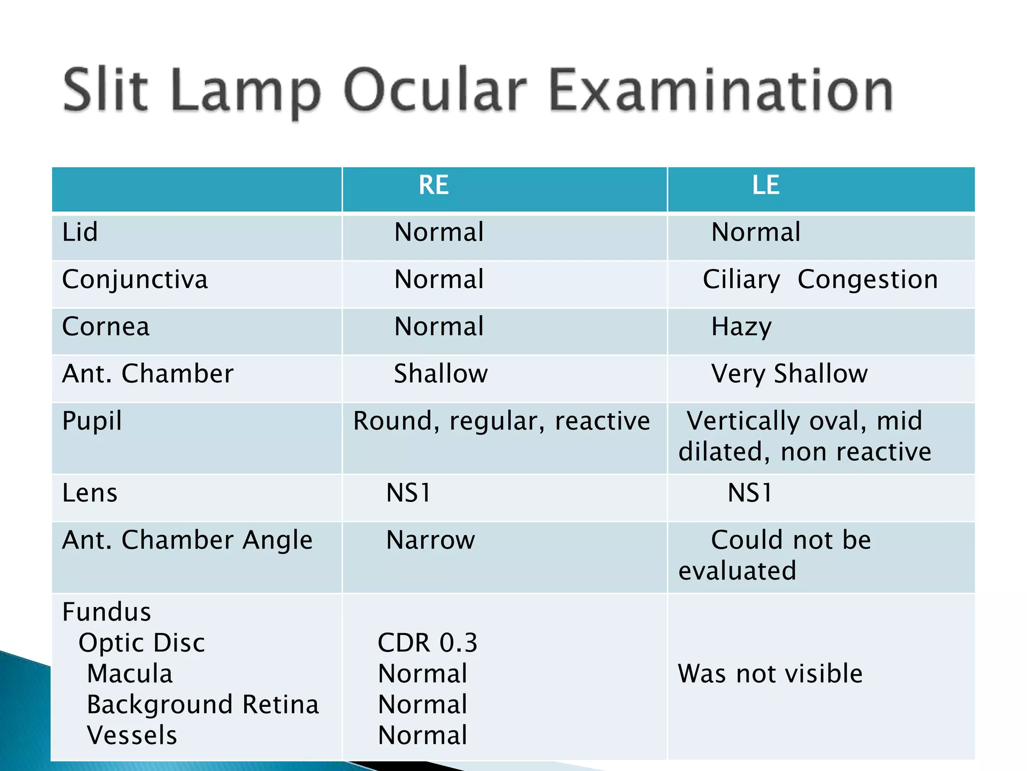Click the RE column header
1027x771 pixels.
click(x=434, y=185)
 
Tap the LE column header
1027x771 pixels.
click(x=766, y=185)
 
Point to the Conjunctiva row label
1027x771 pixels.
click(x=135, y=280)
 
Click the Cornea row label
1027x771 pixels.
click(x=106, y=327)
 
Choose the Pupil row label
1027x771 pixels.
click(x=92, y=421)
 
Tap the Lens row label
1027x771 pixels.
click(x=90, y=493)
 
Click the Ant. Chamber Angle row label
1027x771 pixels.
click(x=187, y=540)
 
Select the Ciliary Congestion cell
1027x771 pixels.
click(x=820, y=280)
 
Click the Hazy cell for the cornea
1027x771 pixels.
click(x=742, y=327)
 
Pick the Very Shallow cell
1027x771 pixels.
click(x=789, y=374)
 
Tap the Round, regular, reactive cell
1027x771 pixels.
click(x=501, y=421)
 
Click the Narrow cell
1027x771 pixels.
click(x=431, y=540)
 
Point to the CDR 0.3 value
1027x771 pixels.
click(x=428, y=642)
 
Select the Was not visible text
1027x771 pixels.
click(x=770, y=674)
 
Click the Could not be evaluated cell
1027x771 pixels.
click(x=775, y=555)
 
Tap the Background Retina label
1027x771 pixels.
click(x=203, y=704)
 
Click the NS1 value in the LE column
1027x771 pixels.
click(x=750, y=493)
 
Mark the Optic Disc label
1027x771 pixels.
click(x=142, y=642)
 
